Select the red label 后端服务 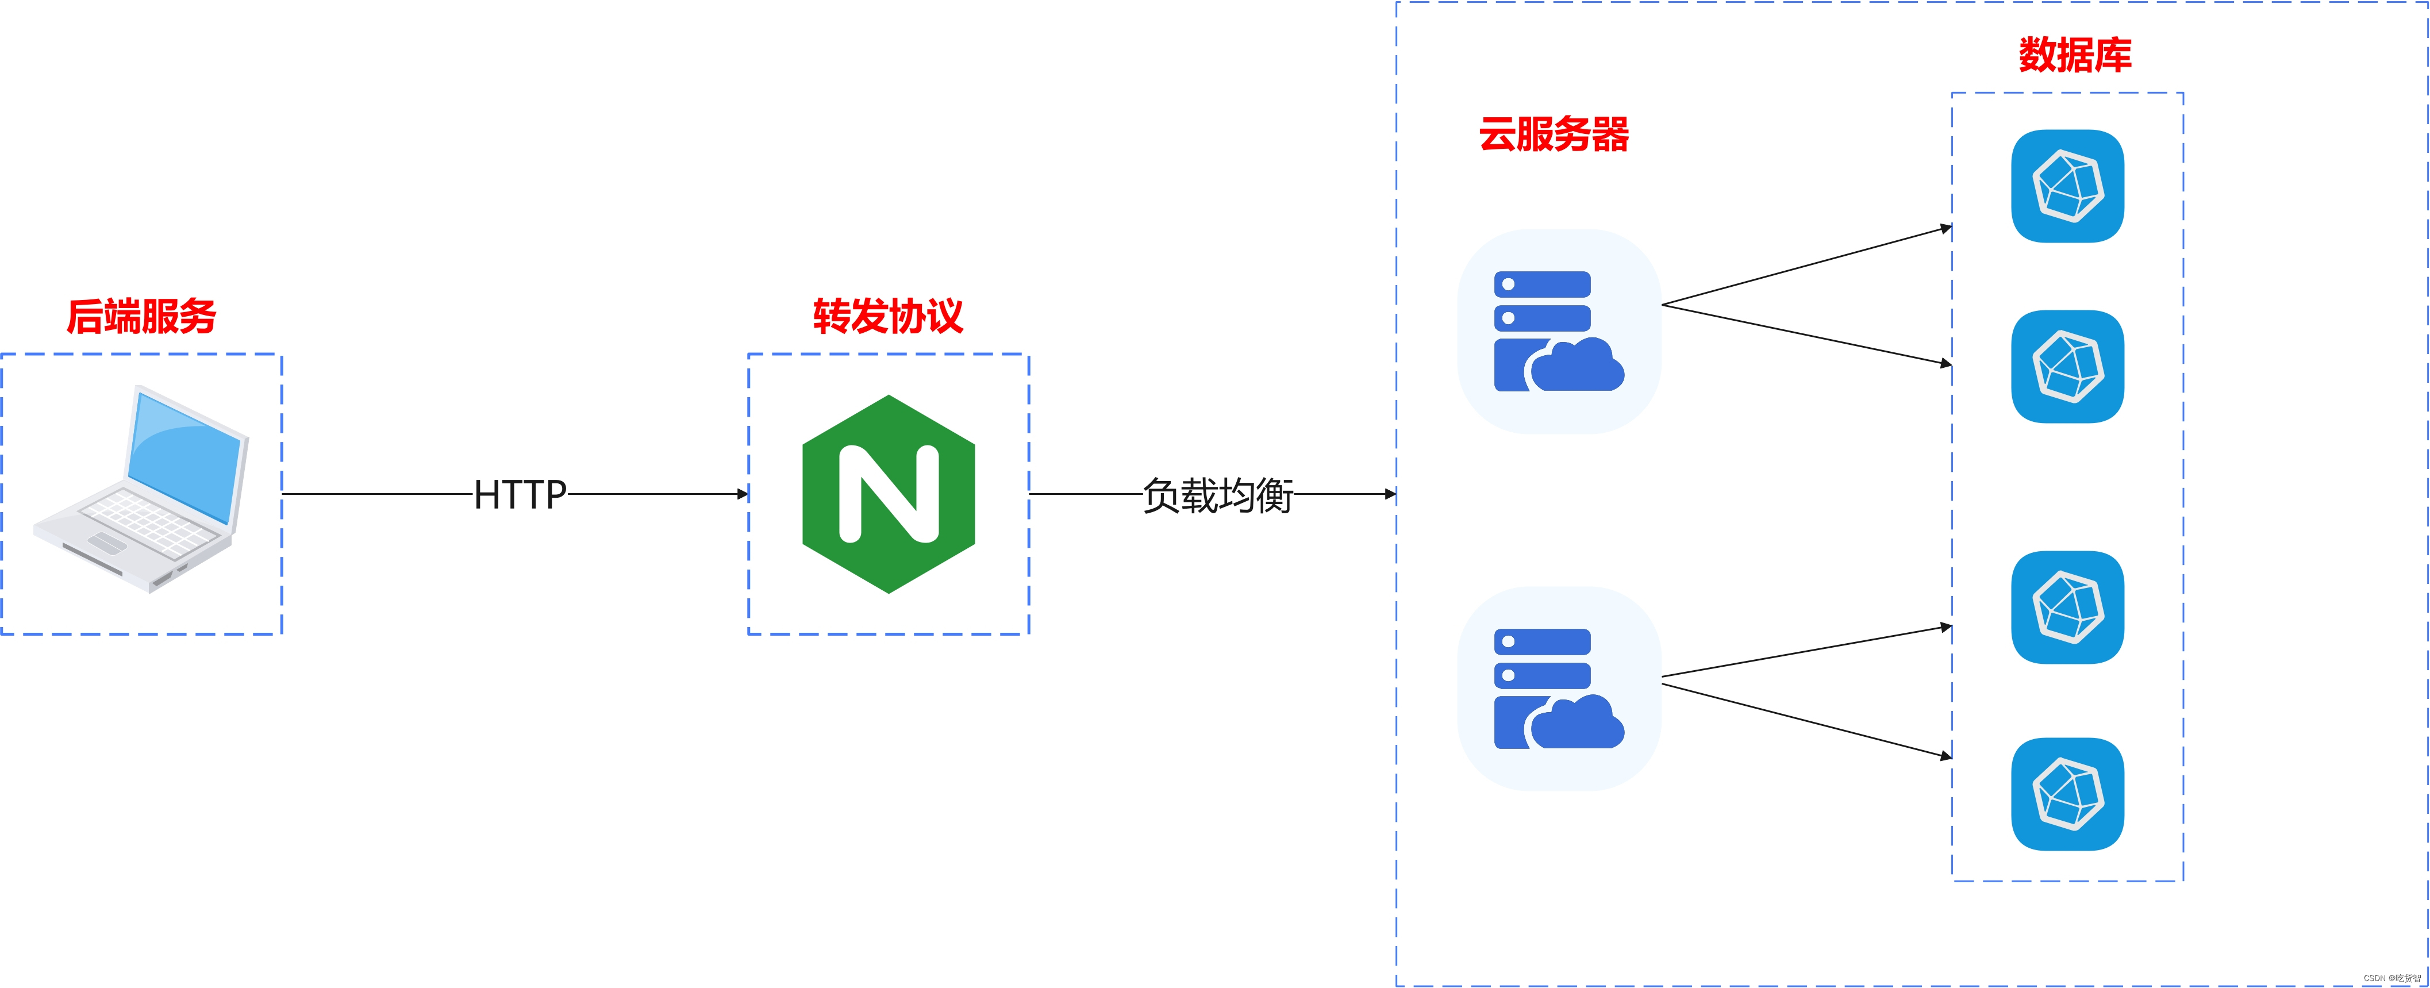pyautogui.click(x=141, y=316)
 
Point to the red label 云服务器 pyautogui.click(x=1554, y=134)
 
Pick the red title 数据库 pyautogui.click(x=2074, y=55)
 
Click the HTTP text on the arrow pyautogui.click(x=520, y=494)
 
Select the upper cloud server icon pyautogui.click(x=1558, y=331)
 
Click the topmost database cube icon pyautogui.click(x=2067, y=186)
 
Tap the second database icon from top pyautogui.click(x=2067, y=366)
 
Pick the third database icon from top pyautogui.click(x=2067, y=607)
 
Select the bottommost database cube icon pyautogui.click(x=2067, y=794)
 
